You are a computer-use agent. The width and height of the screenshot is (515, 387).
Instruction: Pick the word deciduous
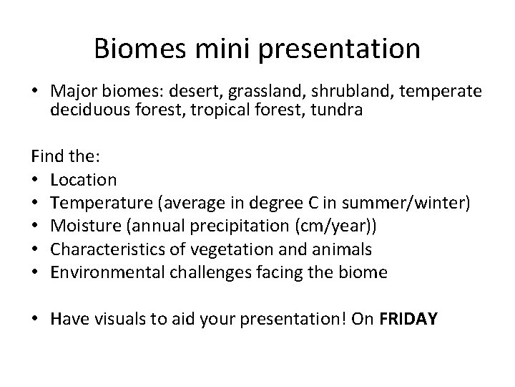pos(85,111)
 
